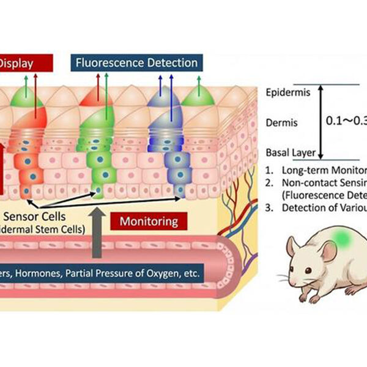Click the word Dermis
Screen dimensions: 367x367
point(282,123)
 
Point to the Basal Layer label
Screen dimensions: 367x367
point(291,153)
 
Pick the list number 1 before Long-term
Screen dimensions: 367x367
point(270,171)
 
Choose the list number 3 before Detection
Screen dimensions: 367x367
point(270,207)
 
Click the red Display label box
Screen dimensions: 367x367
point(24,62)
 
